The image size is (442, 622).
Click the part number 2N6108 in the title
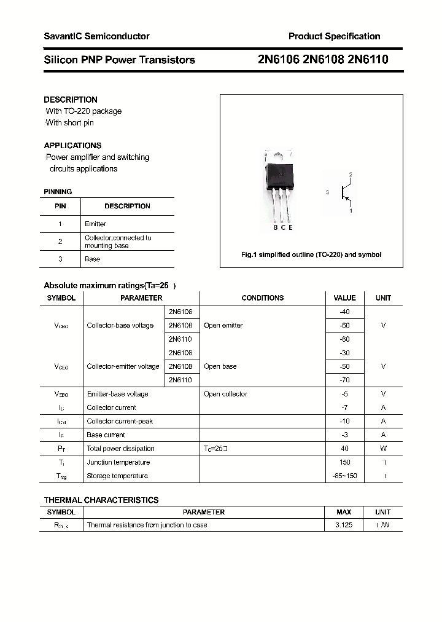[x=323, y=60]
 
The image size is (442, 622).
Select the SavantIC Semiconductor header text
[x=96, y=36]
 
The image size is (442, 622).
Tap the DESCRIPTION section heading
[x=71, y=100]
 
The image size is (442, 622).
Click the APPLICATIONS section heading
[x=72, y=146]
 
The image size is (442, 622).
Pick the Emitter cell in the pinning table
[x=95, y=224]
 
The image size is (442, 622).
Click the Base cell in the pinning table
[x=92, y=259]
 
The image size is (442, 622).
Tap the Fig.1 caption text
[x=311, y=254]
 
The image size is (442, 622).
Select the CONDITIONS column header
[x=263, y=298]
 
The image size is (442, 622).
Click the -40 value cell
[x=344, y=312]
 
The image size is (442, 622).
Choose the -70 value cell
[x=344, y=380]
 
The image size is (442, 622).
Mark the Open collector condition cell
[x=225, y=394]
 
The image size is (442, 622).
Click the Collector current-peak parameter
[x=120, y=421]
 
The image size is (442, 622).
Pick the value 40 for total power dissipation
[x=344, y=449]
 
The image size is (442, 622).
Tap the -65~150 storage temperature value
[x=344, y=476]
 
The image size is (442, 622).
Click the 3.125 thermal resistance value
[x=344, y=525]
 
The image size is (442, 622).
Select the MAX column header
[x=344, y=512]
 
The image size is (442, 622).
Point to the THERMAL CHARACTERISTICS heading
[x=101, y=500]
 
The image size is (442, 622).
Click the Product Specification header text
[x=334, y=36]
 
